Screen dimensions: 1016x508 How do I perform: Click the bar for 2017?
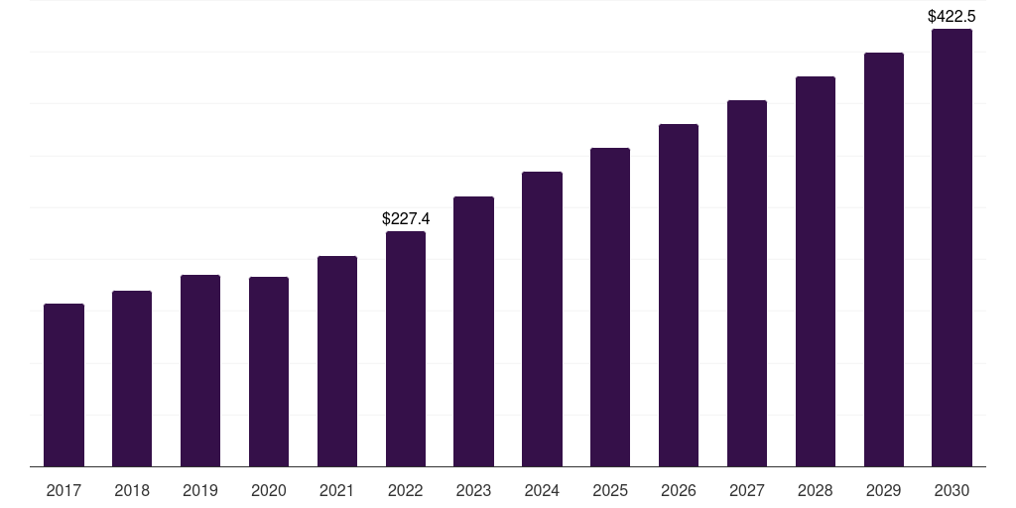(63, 385)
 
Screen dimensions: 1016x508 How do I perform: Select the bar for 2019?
(200, 371)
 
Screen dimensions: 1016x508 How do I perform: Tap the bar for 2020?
(269, 372)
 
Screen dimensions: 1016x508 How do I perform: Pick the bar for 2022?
(406, 348)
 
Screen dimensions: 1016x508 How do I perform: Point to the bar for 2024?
(543, 318)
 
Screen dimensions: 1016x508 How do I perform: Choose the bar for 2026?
(679, 296)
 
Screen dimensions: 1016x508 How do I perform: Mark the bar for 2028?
(816, 272)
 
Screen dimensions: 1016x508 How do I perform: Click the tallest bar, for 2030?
(952, 247)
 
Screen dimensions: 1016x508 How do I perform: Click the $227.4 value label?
(406, 219)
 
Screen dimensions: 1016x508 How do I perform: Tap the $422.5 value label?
(952, 16)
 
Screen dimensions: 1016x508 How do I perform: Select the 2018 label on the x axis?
(132, 490)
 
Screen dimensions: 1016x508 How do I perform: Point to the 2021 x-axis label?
(337, 490)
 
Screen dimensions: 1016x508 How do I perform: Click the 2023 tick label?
(473, 490)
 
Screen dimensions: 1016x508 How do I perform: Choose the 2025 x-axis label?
(610, 490)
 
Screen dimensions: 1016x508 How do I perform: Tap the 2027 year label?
(747, 490)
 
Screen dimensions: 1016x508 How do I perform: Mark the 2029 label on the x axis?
(884, 490)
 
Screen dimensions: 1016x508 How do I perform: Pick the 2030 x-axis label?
(952, 490)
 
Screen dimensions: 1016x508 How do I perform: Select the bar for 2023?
(473, 331)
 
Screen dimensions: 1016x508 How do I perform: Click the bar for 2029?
(884, 259)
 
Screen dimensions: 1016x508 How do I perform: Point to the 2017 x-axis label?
(63, 490)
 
